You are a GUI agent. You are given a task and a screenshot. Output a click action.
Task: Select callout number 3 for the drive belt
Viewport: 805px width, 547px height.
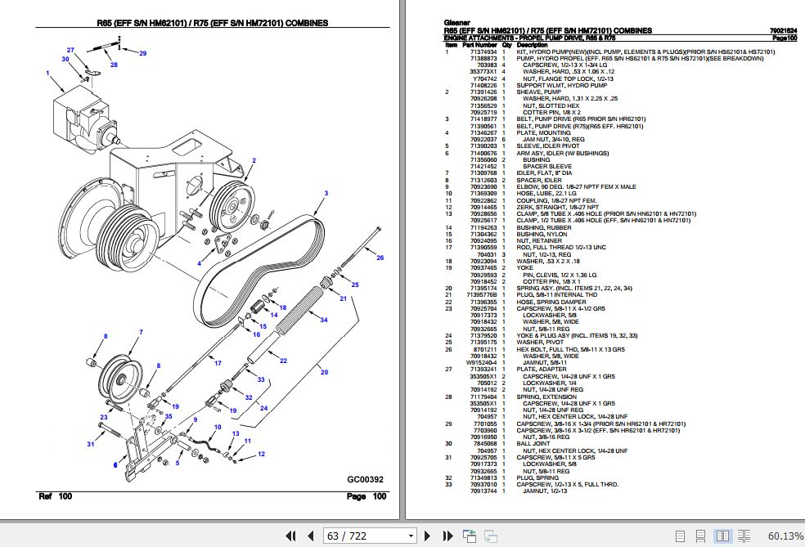[x=326, y=193]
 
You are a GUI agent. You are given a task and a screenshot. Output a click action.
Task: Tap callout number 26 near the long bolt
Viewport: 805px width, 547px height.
[x=380, y=258]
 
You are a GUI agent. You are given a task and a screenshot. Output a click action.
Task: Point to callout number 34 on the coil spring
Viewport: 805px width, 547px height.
[x=324, y=320]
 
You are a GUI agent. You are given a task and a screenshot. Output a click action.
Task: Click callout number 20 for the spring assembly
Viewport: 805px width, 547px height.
[x=324, y=372]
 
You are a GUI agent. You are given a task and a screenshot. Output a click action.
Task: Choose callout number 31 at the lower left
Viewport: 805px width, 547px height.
[x=91, y=444]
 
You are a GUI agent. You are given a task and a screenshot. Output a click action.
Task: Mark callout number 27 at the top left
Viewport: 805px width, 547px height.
[x=70, y=50]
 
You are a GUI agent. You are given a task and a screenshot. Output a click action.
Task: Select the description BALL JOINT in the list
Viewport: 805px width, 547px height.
[x=533, y=444]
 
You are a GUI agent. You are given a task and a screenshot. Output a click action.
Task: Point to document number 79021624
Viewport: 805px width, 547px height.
[x=783, y=31]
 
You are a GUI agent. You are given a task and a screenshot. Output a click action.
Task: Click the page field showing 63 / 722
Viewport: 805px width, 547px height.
[x=368, y=536]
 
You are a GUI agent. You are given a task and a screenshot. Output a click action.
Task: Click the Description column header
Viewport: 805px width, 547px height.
[x=532, y=45]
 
